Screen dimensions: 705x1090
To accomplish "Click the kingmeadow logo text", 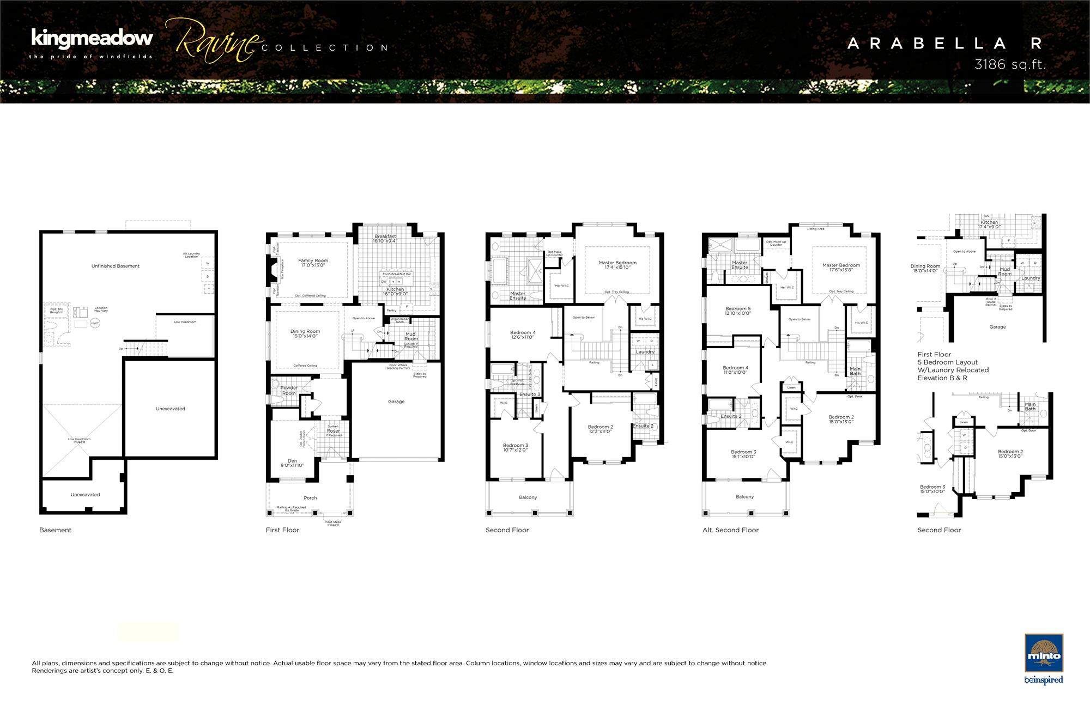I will click(x=92, y=38).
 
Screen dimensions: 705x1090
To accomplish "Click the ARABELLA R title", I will click(x=945, y=44).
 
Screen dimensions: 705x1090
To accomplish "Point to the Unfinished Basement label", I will click(x=116, y=266).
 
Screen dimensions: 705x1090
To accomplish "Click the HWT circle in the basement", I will click(x=95, y=323).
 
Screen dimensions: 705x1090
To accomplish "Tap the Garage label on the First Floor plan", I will click(x=396, y=402).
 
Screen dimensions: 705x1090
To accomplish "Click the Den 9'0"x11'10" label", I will click(x=292, y=463).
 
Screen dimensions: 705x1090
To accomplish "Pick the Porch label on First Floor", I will click(x=310, y=497).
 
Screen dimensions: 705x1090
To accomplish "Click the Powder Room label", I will click(x=289, y=391).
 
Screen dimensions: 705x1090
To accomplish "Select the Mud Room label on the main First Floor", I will click(x=410, y=336).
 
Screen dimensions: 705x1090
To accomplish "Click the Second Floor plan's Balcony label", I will click(x=528, y=497).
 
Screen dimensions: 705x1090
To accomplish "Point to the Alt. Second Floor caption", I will click(x=730, y=530).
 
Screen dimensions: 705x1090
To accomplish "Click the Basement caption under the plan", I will click(x=55, y=530).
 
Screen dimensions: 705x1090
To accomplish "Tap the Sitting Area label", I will click(x=815, y=229).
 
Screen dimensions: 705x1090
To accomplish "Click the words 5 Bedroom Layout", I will click(x=947, y=362).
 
